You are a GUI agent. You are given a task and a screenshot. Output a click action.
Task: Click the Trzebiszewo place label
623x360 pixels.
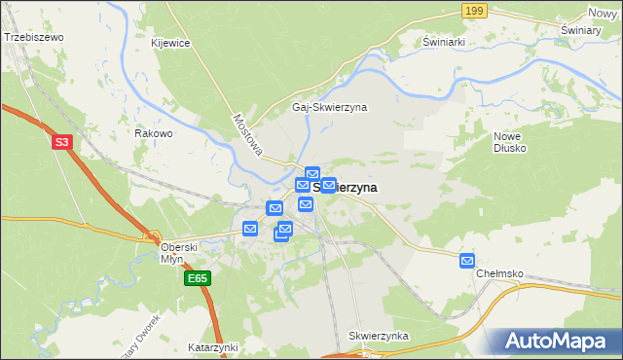coord(34,37)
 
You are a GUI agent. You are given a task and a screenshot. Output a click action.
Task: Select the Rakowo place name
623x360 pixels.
coord(154,133)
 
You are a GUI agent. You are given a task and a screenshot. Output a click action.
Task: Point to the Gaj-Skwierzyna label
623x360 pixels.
coord(329,107)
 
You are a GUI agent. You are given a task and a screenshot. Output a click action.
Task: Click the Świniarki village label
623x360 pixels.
coord(446,43)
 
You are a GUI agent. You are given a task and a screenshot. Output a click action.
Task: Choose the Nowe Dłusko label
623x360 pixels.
coord(509,142)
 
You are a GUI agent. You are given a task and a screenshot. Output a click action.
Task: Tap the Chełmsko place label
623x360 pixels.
coord(501,274)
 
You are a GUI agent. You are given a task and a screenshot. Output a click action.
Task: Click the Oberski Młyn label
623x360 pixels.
coord(179,253)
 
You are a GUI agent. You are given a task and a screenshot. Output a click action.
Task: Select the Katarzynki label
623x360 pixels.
coord(213,346)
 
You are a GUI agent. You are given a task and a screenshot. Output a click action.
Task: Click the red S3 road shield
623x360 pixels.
coord(62,142)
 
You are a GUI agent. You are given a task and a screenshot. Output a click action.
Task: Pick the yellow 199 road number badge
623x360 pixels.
coord(474,11)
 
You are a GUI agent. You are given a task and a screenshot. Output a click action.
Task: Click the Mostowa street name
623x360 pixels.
coord(248,133)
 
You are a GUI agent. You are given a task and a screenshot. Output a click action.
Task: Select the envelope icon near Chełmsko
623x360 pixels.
coord(467,260)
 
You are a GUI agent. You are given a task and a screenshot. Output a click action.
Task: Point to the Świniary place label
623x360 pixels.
coord(580,30)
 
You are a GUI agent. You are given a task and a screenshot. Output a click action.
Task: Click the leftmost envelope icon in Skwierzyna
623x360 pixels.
coord(250,229)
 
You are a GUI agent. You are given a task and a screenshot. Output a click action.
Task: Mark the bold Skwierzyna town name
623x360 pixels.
coord(350,187)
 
